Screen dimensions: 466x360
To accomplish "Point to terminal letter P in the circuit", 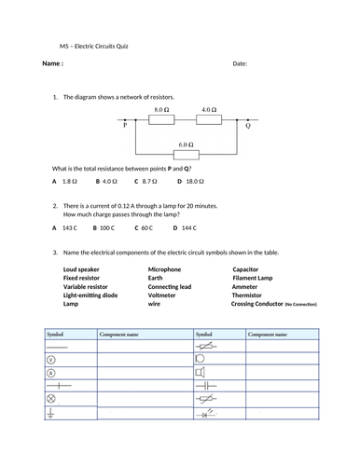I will tap(125, 124).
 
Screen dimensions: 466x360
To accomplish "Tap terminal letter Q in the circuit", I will tap(248, 124).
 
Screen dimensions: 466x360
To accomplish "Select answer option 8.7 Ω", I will tap(146, 181).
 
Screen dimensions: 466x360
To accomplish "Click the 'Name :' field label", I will tap(53, 63).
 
